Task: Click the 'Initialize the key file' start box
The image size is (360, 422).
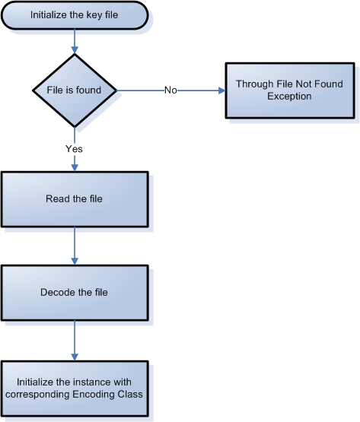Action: [x=75, y=15]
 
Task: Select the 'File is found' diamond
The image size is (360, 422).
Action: [x=75, y=90]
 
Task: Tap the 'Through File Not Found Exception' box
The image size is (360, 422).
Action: [x=290, y=90]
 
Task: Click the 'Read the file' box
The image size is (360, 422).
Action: [x=75, y=199]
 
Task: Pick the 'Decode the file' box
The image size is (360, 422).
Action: [x=75, y=293]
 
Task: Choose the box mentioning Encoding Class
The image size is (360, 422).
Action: [x=75, y=389]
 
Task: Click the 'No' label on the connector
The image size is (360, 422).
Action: [x=170, y=90]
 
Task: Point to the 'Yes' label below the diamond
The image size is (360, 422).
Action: [x=74, y=148]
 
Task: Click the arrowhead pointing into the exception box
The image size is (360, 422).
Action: [x=221, y=90]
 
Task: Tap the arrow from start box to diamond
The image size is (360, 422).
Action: [x=75, y=42]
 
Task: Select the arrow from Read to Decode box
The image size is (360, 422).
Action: [x=75, y=246]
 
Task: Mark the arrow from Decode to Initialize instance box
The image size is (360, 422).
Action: [x=75, y=341]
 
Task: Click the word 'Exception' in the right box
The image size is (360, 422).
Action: [x=289, y=97]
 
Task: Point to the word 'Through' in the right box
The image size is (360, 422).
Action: [x=255, y=84]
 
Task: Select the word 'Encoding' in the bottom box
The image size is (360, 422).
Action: [x=94, y=395]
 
